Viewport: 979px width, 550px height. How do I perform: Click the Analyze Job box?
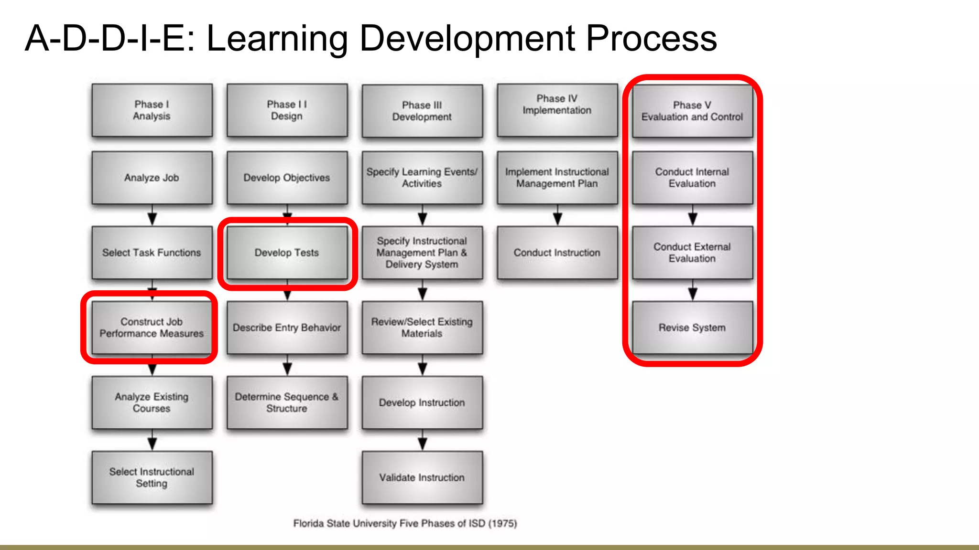pyautogui.click(x=152, y=178)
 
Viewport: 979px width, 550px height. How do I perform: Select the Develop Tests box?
pyautogui.click(x=287, y=253)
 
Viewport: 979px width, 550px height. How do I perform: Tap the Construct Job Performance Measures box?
pyautogui.click(x=152, y=328)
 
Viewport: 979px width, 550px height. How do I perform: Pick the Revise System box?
pyautogui.click(x=692, y=328)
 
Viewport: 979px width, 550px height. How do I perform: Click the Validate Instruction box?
pyautogui.click(x=422, y=477)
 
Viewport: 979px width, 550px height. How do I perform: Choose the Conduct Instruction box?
pyautogui.click(x=557, y=253)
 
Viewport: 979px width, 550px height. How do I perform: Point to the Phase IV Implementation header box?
pyautogui.click(x=557, y=110)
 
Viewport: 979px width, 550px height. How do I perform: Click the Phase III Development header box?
pyautogui.click(x=422, y=111)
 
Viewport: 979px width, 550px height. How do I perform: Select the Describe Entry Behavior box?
pyautogui.click(x=287, y=328)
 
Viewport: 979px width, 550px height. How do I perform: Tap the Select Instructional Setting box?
pyautogui.click(x=152, y=477)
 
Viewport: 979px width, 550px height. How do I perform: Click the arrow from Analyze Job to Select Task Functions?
pyautogui.click(x=152, y=215)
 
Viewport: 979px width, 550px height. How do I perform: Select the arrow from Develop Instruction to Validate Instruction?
pyautogui.click(x=422, y=440)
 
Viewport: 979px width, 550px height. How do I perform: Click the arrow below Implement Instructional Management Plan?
pyautogui.click(x=557, y=215)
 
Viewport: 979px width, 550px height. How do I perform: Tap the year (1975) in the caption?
pyautogui.click(x=502, y=523)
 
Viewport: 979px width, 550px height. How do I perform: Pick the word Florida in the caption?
pyautogui.click(x=308, y=523)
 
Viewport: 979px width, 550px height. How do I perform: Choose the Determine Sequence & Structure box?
pyautogui.click(x=287, y=402)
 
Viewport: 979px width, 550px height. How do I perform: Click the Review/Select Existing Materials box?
pyautogui.click(x=422, y=328)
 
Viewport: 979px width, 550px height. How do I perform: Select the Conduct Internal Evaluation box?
pyautogui.click(x=692, y=178)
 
